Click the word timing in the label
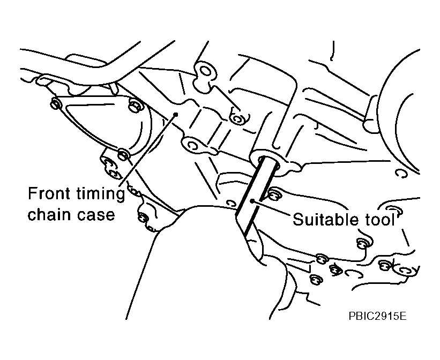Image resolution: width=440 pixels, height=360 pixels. click(100, 194)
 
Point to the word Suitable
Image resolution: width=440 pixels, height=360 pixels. click(325, 219)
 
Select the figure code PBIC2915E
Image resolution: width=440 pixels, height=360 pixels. click(377, 316)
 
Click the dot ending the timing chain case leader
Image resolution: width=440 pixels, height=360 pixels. click(176, 114)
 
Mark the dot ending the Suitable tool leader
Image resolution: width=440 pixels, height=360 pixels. click(252, 200)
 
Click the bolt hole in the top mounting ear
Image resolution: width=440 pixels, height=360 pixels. click(205, 71)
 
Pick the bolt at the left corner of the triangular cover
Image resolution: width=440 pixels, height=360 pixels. click(55, 103)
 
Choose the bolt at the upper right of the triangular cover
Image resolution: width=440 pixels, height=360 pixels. click(135, 106)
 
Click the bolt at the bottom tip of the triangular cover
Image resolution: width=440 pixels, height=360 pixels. click(123, 154)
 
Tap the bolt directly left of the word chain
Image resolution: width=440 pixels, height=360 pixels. click(144, 217)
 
